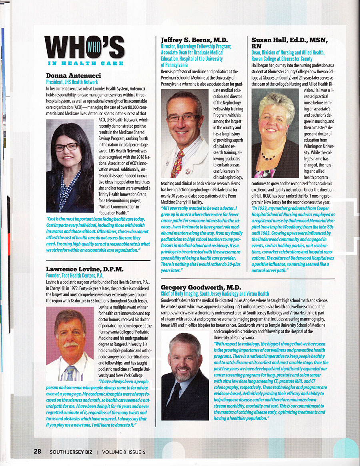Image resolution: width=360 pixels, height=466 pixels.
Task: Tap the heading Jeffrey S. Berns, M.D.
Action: (x=194, y=40)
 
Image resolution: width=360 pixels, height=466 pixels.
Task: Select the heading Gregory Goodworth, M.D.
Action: (x=200, y=288)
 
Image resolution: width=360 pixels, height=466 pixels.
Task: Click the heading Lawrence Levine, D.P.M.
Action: (x=85, y=269)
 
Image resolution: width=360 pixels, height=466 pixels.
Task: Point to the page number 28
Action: (x=37, y=452)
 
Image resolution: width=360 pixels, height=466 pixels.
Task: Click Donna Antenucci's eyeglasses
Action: (x=66, y=147)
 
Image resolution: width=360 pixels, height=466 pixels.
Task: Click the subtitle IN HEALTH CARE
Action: (x=85, y=63)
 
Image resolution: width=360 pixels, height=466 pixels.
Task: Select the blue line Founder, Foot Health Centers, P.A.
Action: (x=75, y=275)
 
